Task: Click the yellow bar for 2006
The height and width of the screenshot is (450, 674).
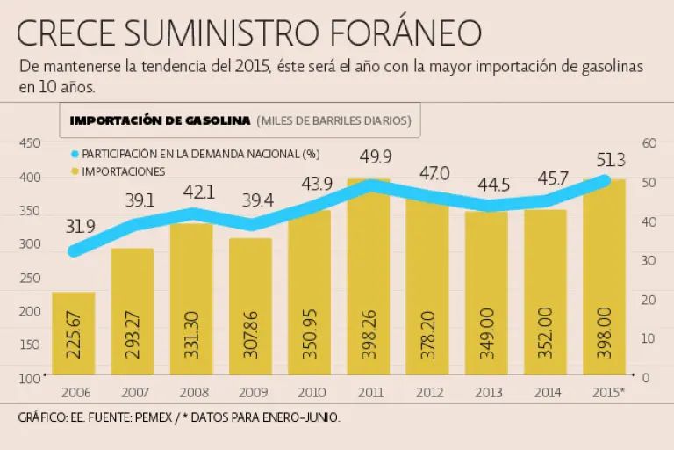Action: (74, 334)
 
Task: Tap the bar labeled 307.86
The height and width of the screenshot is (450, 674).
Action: (251, 308)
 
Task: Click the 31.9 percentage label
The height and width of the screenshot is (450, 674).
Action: (81, 226)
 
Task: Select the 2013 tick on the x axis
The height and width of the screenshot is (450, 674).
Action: (486, 393)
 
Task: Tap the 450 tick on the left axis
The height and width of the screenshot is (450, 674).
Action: (30, 143)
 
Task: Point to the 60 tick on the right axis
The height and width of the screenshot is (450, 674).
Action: (650, 143)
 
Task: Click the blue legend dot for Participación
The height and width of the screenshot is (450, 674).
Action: (75, 154)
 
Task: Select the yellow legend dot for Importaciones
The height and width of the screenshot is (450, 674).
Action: (75, 171)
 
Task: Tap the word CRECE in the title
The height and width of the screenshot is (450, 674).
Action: (68, 33)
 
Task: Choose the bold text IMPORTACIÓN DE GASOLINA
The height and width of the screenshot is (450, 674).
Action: (161, 120)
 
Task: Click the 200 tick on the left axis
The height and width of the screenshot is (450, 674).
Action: (30, 311)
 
